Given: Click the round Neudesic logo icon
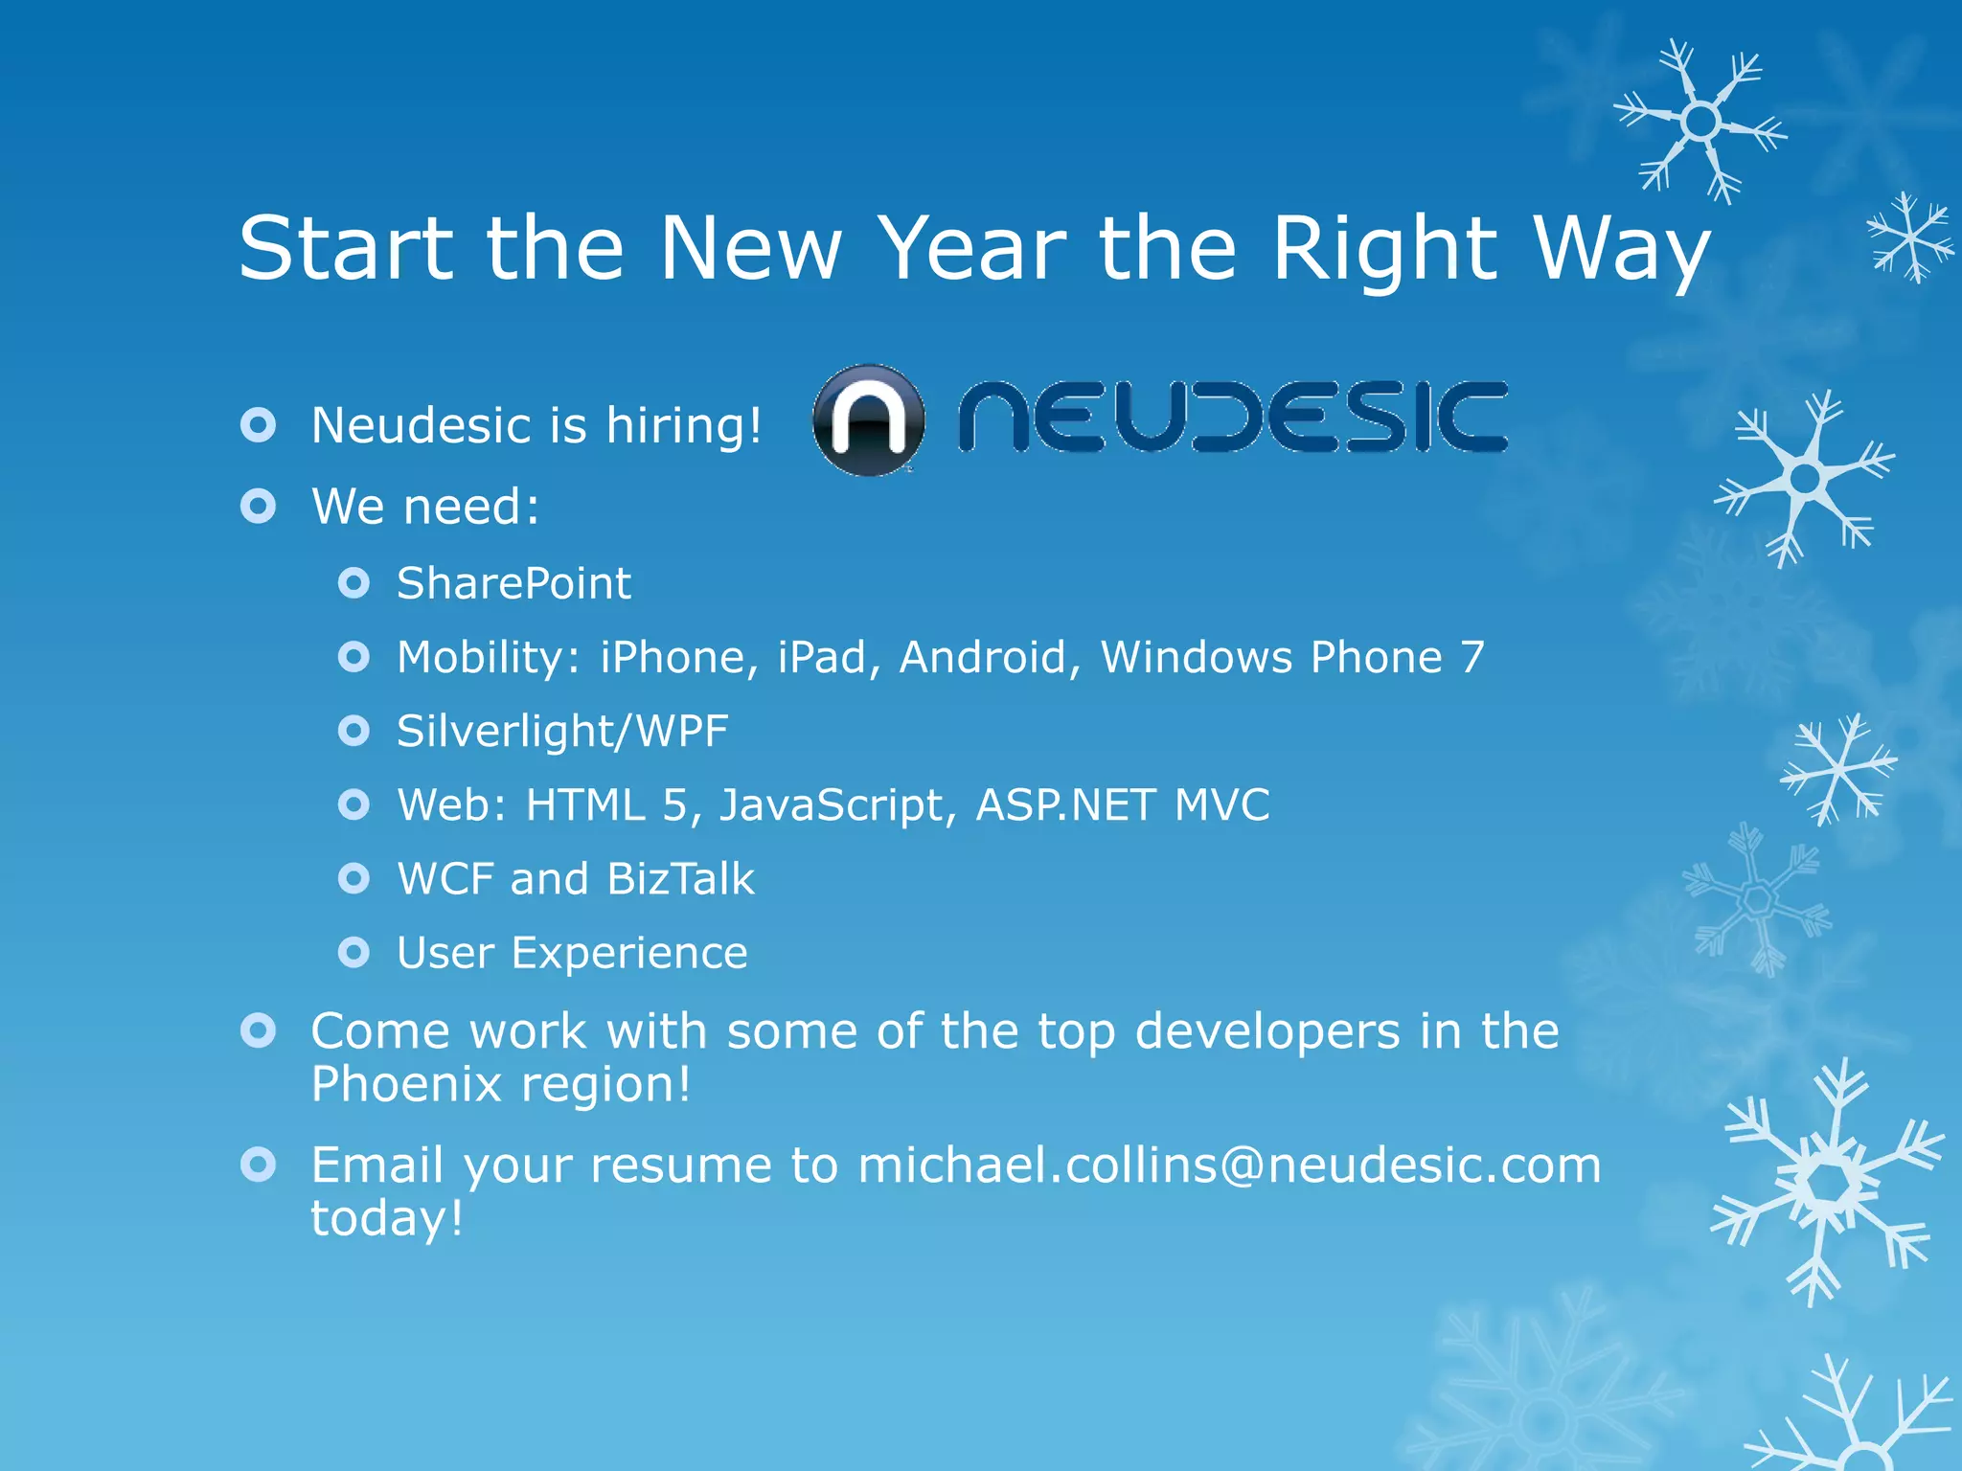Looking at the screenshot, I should click(x=868, y=420).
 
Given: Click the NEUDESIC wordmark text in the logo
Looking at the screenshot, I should click(x=1233, y=417).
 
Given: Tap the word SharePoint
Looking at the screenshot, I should click(x=513, y=583).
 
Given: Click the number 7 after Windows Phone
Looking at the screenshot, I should click(x=1472, y=657).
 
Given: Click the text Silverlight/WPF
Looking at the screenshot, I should click(x=562, y=732).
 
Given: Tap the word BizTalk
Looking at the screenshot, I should click(x=680, y=879).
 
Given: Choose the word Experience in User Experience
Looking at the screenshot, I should click(x=628, y=953).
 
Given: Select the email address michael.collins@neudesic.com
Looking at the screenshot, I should click(x=1228, y=1165).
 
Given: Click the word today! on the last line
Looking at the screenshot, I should click(x=387, y=1219).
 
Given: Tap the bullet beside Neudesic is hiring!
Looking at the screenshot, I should click(x=259, y=425).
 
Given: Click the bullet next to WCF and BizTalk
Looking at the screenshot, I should click(x=354, y=878).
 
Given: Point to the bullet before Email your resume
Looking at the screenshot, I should click(x=259, y=1165).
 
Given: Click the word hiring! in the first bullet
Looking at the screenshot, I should click(x=684, y=425).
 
